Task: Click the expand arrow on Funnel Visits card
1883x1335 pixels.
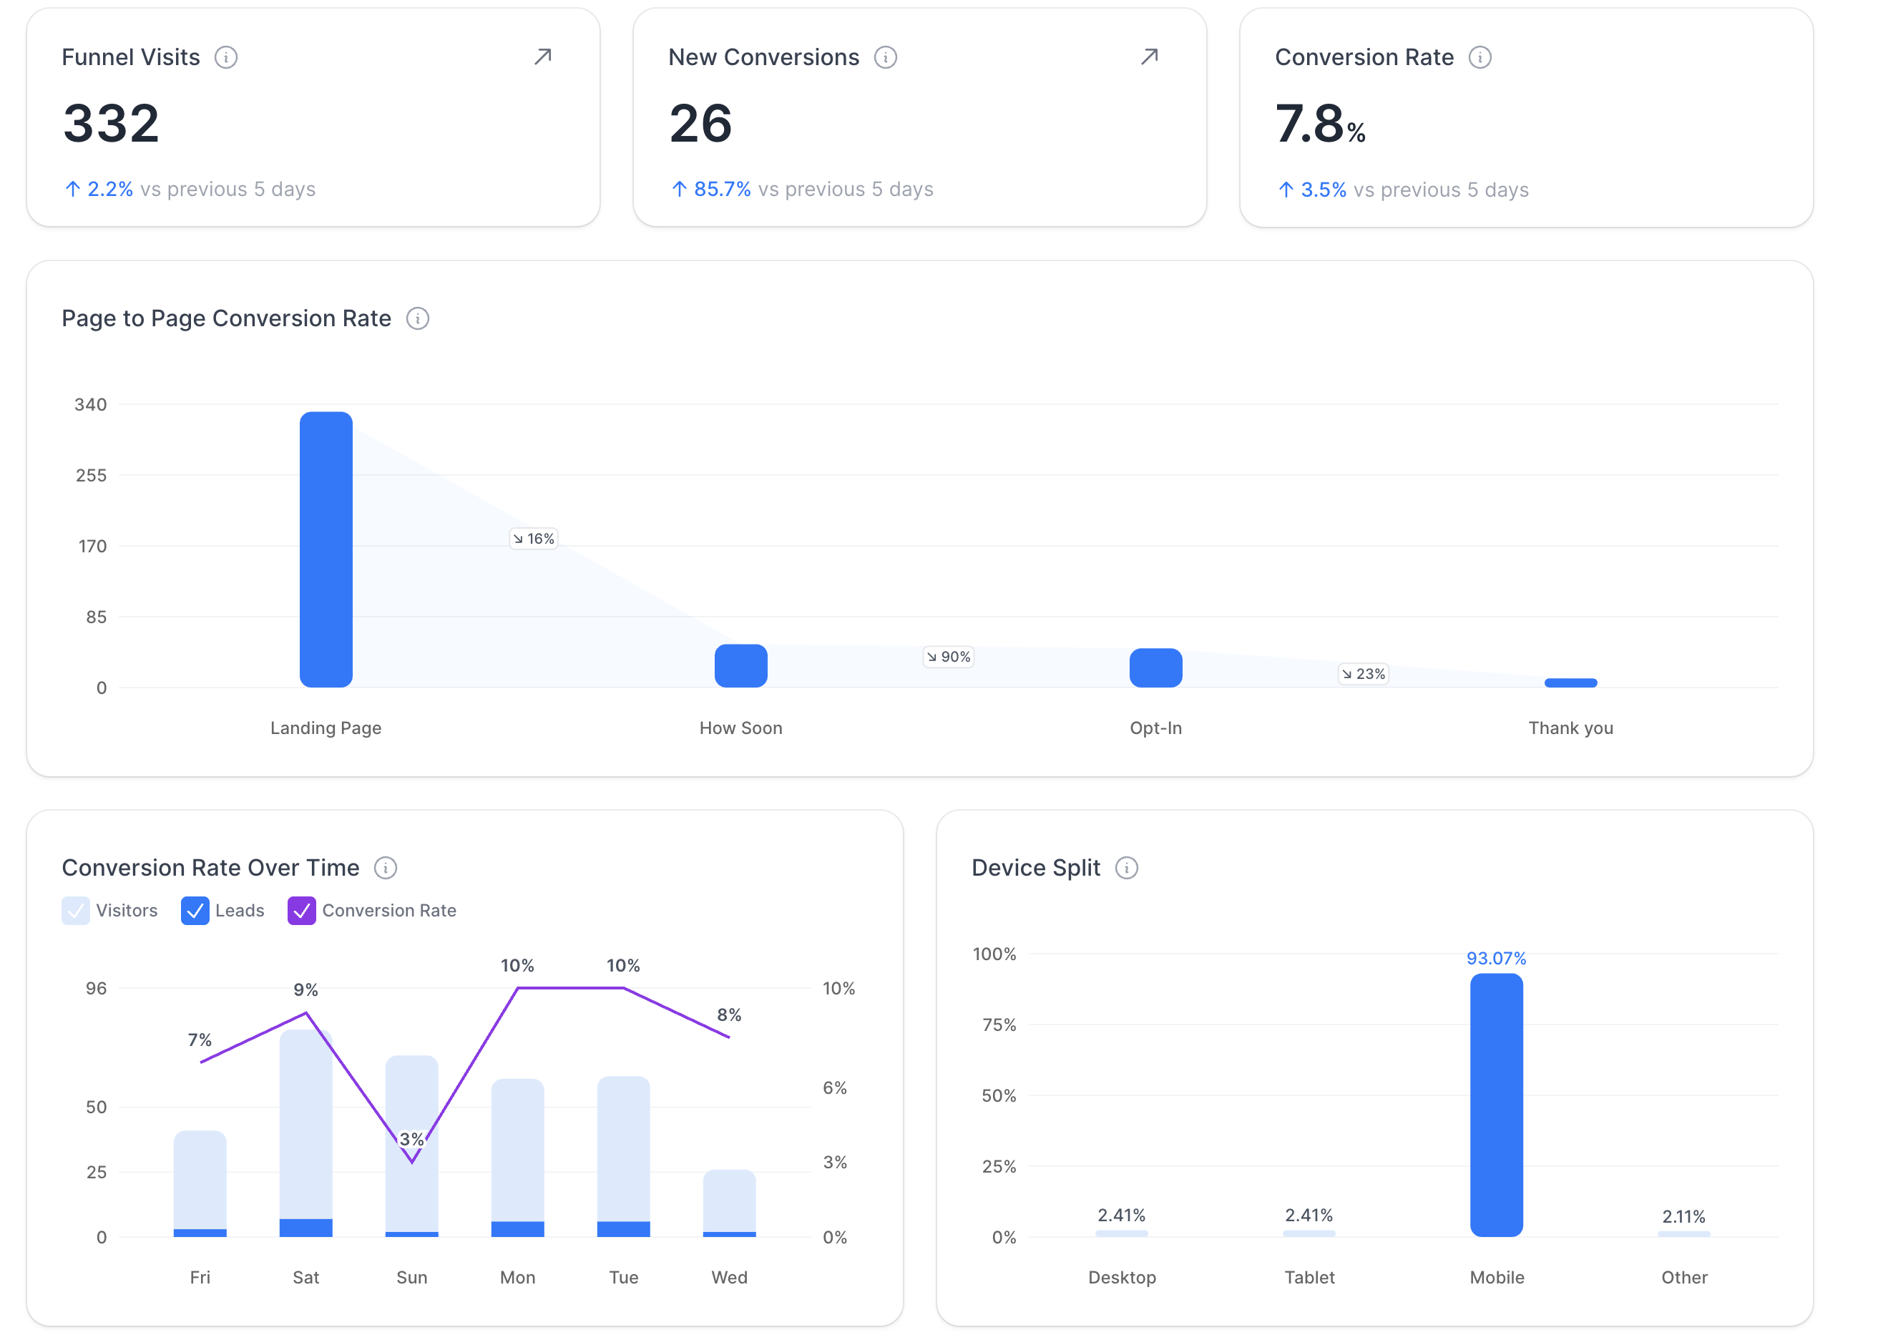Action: coord(542,57)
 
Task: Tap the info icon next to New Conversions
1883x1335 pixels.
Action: coord(885,57)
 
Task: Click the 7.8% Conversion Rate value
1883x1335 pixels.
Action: coord(1319,124)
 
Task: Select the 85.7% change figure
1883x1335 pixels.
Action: coord(722,189)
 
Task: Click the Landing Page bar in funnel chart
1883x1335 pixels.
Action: coord(326,549)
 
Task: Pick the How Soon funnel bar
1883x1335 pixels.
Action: coord(740,666)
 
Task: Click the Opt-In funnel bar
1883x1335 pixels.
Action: coord(1155,667)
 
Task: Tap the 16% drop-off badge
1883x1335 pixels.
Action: coord(534,539)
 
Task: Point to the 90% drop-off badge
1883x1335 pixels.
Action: coord(949,657)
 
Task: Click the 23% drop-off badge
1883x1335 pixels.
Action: coord(1364,674)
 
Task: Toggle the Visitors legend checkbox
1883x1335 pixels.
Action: coord(76,911)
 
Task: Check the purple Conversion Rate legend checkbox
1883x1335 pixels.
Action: coord(302,911)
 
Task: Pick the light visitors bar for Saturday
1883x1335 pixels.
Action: coord(305,1122)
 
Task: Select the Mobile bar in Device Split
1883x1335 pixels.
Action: coord(1496,1105)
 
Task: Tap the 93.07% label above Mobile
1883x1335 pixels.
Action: coord(1496,959)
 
